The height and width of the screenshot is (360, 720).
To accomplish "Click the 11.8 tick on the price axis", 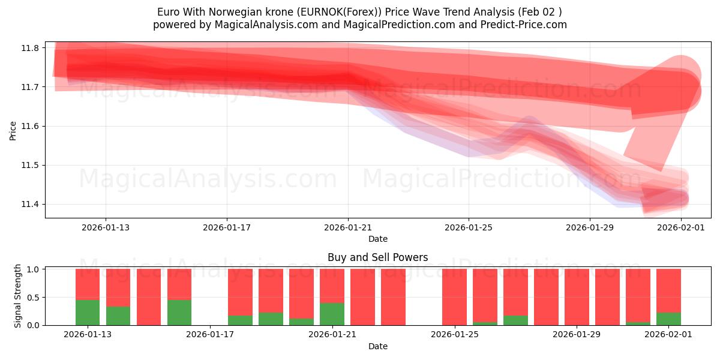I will (x=31, y=48).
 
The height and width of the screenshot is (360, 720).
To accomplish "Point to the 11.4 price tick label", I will (x=31, y=205).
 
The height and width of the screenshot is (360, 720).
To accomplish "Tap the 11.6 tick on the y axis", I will (x=31, y=127).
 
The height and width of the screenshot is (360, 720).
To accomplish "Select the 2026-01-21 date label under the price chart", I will (x=348, y=227).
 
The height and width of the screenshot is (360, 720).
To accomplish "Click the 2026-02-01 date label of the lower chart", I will (x=668, y=335).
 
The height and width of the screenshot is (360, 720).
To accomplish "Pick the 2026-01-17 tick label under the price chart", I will (x=227, y=227).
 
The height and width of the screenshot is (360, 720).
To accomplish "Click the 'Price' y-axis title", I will (x=13, y=130).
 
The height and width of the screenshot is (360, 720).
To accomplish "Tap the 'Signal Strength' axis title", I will (x=18, y=296).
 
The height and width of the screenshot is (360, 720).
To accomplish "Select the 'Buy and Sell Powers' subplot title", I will (x=377, y=257).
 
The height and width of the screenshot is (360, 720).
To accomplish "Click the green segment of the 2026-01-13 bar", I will (x=88, y=313).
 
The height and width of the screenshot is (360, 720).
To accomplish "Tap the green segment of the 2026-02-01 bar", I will (x=668, y=319).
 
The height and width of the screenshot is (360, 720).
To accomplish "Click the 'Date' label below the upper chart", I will (x=377, y=239).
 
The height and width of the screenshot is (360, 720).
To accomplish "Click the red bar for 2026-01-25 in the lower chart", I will (x=454, y=297).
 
